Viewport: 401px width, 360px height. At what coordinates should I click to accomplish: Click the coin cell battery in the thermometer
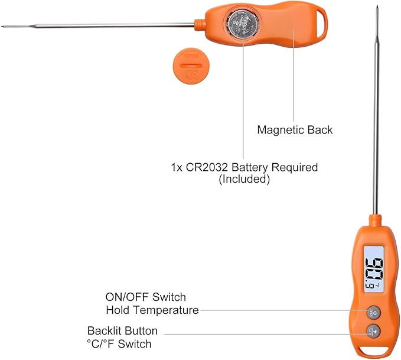(243, 26)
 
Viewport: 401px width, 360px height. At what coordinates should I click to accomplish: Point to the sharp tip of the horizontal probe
(3, 26)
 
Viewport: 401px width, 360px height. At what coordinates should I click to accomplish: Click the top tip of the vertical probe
(377, 7)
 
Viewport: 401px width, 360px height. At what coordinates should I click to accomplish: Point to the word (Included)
(244, 179)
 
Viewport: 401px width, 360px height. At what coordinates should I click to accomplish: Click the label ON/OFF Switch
(146, 297)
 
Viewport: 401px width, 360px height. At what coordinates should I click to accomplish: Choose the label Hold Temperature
(152, 310)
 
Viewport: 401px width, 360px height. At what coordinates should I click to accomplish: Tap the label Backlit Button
(122, 331)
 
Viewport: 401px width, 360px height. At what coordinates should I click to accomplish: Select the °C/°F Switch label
(119, 343)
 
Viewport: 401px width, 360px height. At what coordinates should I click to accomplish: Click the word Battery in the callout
(248, 167)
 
